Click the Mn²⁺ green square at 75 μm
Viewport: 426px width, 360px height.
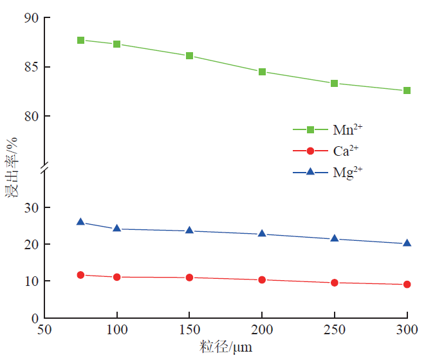tap(80, 40)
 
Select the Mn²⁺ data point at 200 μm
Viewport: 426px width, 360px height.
tap(262, 71)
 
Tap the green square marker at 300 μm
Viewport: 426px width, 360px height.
tap(407, 91)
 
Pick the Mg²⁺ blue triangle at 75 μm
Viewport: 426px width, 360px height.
tap(80, 222)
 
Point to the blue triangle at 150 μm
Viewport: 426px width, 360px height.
tap(189, 230)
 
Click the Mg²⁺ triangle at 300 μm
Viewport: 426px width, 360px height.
tap(407, 243)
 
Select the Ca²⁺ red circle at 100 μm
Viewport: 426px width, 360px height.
tap(116, 277)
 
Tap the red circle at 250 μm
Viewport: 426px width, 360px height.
tap(335, 283)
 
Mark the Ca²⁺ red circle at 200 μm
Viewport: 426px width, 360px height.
tap(262, 279)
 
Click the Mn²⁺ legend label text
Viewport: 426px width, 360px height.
tap(347, 129)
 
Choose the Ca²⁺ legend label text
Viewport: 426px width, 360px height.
tap(346, 151)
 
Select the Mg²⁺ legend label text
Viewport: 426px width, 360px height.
tap(347, 172)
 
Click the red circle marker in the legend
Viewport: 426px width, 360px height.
tap(310, 151)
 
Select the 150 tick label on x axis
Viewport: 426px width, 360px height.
tap(189, 330)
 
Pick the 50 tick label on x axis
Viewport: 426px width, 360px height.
tap(44, 330)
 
